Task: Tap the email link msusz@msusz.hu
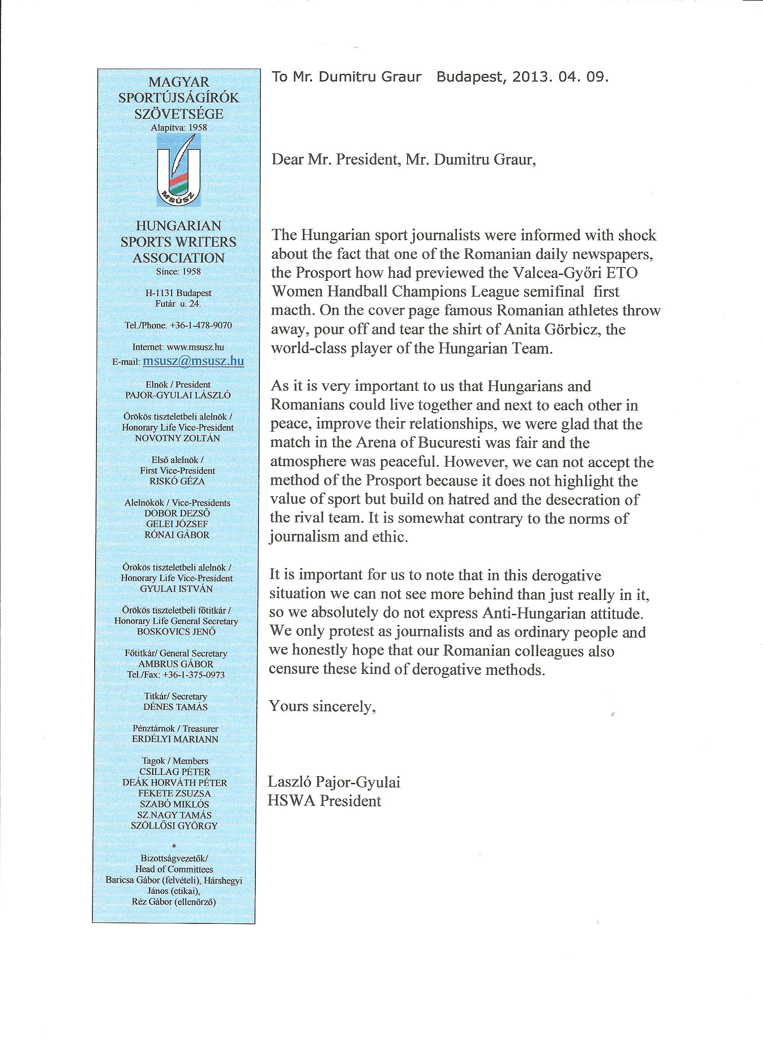pyautogui.click(x=193, y=361)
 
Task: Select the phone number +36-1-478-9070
pyautogui.click(x=201, y=326)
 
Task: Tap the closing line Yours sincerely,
pyautogui.click(x=322, y=706)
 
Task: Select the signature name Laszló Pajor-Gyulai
pyautogui.click(x=333, y=782)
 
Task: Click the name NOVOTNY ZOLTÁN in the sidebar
pyautogui.click(x=178, y=438)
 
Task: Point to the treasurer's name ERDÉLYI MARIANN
pyautogui.click(x=175, y=739)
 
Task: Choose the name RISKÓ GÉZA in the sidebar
pyautogui.click(x=177, y=481)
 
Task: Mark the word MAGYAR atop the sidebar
pyautogui.click(x=179, y=82)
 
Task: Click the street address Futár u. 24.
pyautogui.click(x=178, y=304)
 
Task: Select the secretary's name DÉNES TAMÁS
pyautogui.click(x=175, y=707)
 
